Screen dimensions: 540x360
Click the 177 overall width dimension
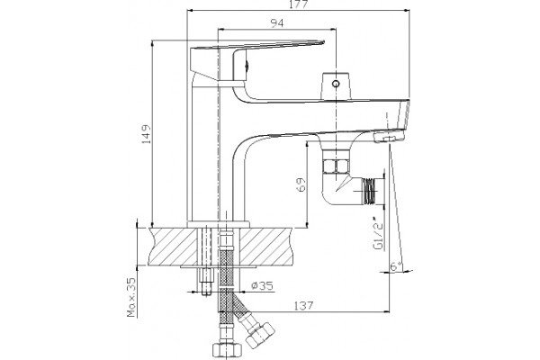click(x=298, y=4)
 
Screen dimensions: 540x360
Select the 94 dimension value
click(x=277, y=23)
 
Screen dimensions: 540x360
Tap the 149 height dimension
click(x=147, y=134)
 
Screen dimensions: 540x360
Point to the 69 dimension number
click(x=301, y=184)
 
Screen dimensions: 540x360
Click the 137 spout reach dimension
click(x=304, y=305)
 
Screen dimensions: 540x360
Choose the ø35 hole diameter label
click(x=263, y=285)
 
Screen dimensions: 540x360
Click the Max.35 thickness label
click(x=131, y=297)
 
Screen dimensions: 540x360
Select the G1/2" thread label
click(x=378, y=234)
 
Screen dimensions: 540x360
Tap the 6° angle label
click(x=396, y=266)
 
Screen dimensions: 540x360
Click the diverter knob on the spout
click(x=336, y=85)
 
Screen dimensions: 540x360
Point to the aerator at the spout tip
click(x=389, y=136)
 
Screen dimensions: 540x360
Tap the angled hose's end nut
click(x=260, y=334)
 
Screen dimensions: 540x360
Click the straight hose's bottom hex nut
click(x=225, y=351)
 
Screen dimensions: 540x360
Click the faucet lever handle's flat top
click(x=257, y=45)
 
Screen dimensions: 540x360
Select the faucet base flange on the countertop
click(x=218, y=224)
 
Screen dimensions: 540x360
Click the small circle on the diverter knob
click(x=336, y=84)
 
